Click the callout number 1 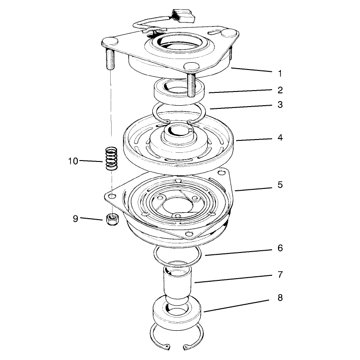280,74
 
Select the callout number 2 280,90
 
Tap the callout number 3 280,104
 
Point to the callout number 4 280,138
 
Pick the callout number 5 280,185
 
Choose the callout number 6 280,248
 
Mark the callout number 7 280,274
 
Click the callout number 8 280,298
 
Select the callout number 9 75,218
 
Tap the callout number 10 73,161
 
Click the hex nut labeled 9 112,219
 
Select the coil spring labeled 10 111,158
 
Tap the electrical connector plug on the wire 184,16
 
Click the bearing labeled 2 179,89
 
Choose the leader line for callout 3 241,107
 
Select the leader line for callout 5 253,189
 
